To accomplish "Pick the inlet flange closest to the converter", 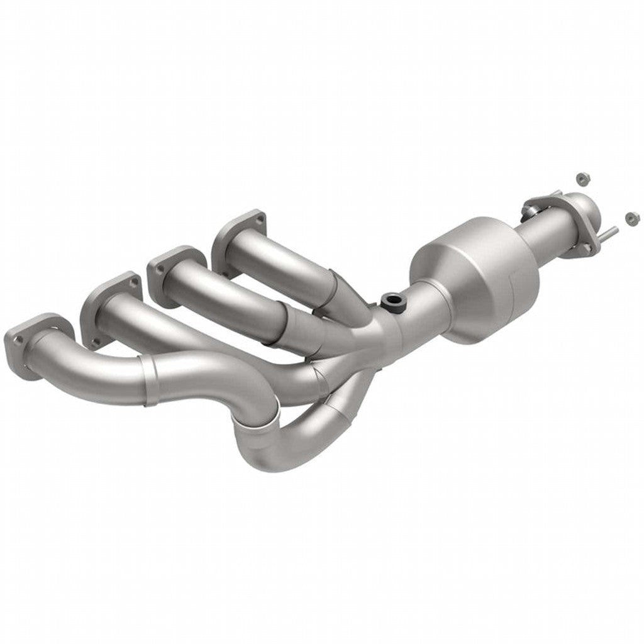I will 236,234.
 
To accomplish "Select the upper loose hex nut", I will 581,179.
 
